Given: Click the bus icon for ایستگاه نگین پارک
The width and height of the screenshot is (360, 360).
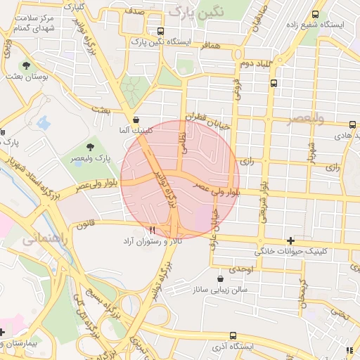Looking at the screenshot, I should coord(161,31).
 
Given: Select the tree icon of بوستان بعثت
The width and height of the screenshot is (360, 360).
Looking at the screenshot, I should coord(26,65).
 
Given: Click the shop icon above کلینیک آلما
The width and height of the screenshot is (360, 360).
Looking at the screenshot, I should coord(135,120).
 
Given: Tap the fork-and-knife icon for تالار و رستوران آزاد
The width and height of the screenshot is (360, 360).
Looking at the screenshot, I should coord(151,230).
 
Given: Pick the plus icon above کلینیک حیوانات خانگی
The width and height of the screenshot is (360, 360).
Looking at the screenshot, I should coord(290,240).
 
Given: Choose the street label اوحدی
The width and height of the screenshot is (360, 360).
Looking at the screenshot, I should coord(240,269).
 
